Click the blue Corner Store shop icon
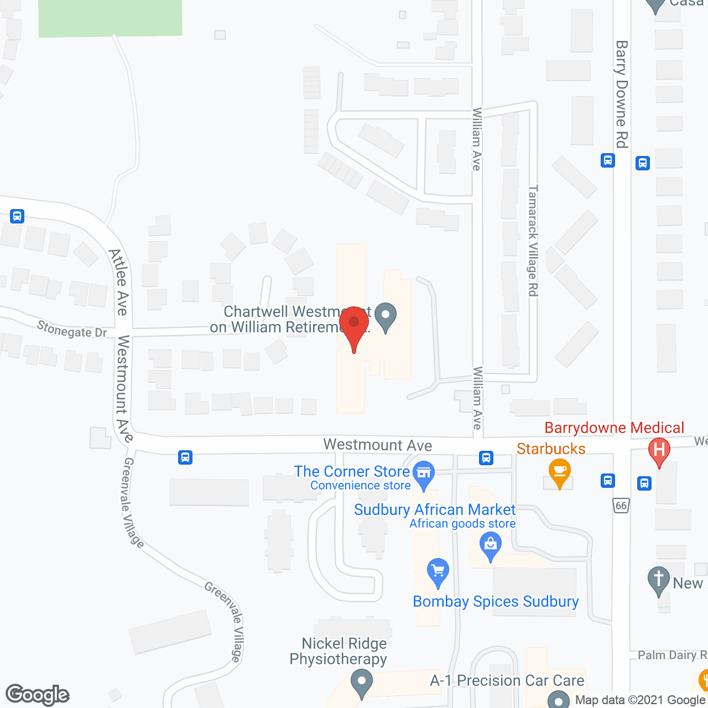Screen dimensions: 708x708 click(x=424, y=474)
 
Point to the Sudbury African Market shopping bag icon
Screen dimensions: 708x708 click(x=490, y=545)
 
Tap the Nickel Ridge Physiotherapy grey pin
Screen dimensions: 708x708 click(x=362, y=682)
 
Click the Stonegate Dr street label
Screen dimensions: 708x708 click(x=72, y=330)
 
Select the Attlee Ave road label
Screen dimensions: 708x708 click(x=119, y=282)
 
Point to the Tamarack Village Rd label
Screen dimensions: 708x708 click(x=533, y=241)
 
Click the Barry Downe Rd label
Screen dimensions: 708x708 click(x=622, y=94)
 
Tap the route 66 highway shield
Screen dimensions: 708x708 click(x=621, y=506)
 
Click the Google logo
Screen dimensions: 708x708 click(x=38, y=695)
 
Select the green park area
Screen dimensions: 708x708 click(x=110, y=18)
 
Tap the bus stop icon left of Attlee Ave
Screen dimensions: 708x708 click(x=17, y=216)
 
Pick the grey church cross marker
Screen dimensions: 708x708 click(x=658, y=581)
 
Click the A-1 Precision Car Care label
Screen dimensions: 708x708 click(x=507, y=680)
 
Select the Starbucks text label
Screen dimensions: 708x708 click(x=551, y=449)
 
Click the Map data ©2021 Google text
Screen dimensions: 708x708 click(x=639, y=700)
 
